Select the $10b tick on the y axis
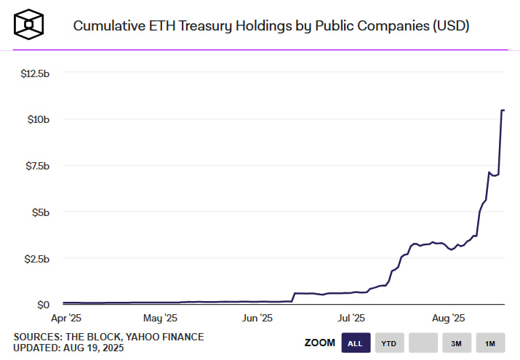pyautogui.click(x=37, y=119)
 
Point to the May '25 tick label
pyautogui.click(x=160, y=318)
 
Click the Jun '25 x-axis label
pyautogui.click(x=256, y=318)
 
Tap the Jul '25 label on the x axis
pyautogui.click(x=352, y=318)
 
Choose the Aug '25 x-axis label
pyautogui.click(x=448, y=318)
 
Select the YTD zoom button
pyautogui.click(x=389, y=343)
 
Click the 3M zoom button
pyautogui.click(x=456, y=343)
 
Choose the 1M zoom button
pyautogui.click(x=490, y=343)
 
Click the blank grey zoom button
pyautogui.click(x=423, y=343)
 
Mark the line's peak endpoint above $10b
pyautogui.click(x=503, y=111)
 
